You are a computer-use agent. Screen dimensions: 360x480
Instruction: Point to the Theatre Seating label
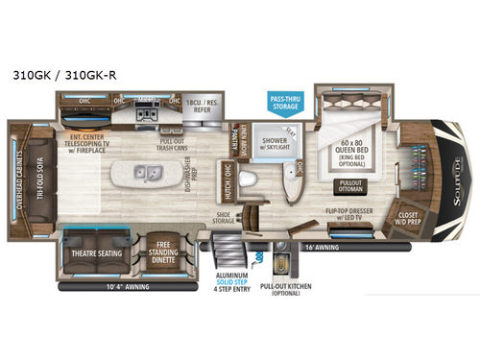coord(95,254)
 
